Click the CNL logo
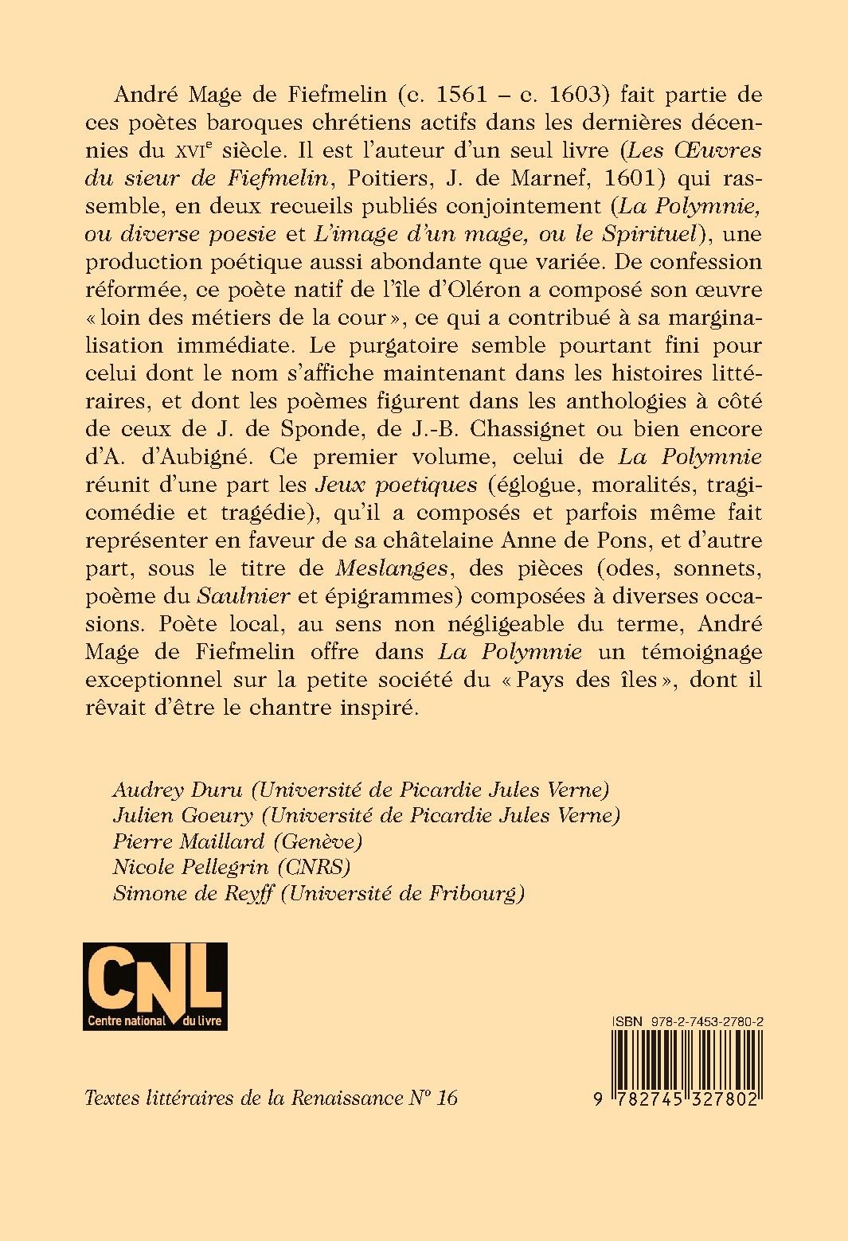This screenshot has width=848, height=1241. point(154,985)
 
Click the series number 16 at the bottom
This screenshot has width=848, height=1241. point(447,1098)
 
